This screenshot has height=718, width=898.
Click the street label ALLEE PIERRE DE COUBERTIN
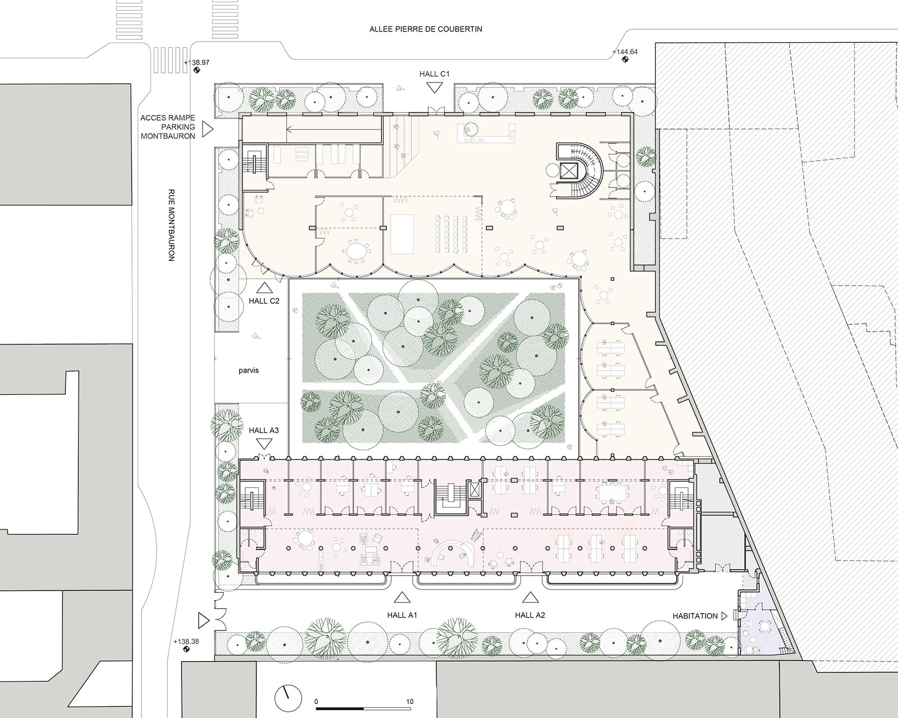coord(425,29)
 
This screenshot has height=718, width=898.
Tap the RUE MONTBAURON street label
coord(171,225)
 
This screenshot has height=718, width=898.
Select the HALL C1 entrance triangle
coord(434,88)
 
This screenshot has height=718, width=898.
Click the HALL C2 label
coord(264,301)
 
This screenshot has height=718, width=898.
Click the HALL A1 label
coord(402,615)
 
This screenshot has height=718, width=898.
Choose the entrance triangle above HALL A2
coord(530,598)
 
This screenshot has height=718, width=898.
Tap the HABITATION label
coord(695,616)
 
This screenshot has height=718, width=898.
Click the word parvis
coord(249,370)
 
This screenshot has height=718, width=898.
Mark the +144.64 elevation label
coord(625,52)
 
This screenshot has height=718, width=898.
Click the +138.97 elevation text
coord(196,63)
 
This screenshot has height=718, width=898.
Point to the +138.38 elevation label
coord(186,641)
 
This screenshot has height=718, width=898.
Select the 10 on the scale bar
coord(410,702)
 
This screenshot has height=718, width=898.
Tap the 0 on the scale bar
coord(316,702)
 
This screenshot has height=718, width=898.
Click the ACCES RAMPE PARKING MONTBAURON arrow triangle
coord(208,129)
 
